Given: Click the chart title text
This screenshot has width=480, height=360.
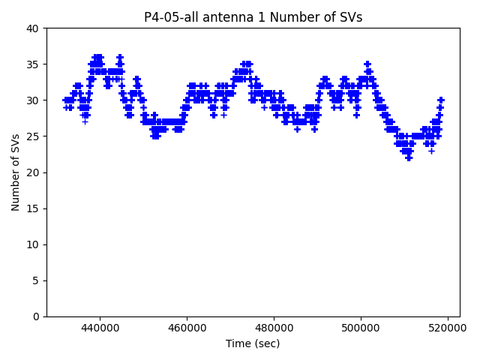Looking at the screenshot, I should pyautogui.click(x=253, y=17).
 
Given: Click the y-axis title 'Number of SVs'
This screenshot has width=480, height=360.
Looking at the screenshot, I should pyautogui.click(x=16, y=172).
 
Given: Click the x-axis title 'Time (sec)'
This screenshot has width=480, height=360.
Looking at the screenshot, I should pyautogui.click(x=253, y=343).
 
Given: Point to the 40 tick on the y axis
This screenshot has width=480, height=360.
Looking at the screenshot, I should pyautogui.click(x=33, y=28).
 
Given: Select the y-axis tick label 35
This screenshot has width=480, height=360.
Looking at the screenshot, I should pyautogui.click(x=33, y=64).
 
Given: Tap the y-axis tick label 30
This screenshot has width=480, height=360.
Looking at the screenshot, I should pyautogui.click(x=33, y=100).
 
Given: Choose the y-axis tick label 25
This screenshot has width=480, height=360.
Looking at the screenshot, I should pyautogui.click(x=33, y=136).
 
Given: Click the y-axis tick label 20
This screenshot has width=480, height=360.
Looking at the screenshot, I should pyautogui.click(x=33, y=172).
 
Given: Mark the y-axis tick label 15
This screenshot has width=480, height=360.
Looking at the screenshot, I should pyautogui.click(x=33, y=208).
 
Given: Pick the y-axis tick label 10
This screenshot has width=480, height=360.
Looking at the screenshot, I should pyautogui.click(x=33, y=244).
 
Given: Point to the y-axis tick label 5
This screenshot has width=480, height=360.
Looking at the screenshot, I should pyautogui.click(x=36, y=280).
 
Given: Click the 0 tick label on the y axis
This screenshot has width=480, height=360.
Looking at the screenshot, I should pyautogui.click(x=36, y=316).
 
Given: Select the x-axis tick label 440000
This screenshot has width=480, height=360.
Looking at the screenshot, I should pyautogui.click(x=100, y=328).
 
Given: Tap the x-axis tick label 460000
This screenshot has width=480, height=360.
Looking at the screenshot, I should pyautogui.click(x=187, y=328).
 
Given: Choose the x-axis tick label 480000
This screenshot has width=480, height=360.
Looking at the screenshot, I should pyautogui.click(x=274, y=328).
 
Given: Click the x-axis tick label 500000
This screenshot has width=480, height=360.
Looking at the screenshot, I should pyautogui.click(x=361, y=328).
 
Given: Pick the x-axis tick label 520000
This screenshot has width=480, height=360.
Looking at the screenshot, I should pyautogui.click(x=448, y=328).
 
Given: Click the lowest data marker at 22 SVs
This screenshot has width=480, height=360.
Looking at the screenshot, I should pyautogui.click(x=409, y=157).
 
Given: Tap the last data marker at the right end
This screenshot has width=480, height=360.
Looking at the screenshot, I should pyautogui.click(x=441, y=100).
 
